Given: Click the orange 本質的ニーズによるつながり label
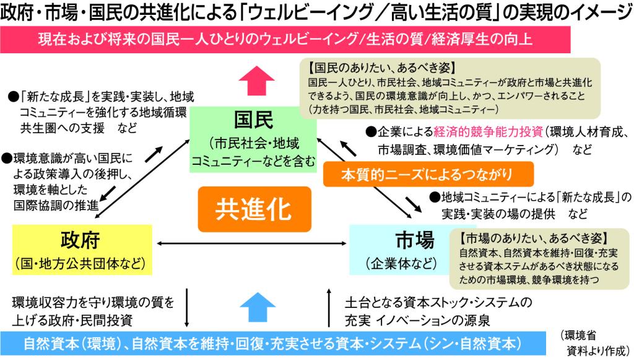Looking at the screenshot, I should (428, 174).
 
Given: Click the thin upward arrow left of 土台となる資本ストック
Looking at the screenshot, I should (329, 307).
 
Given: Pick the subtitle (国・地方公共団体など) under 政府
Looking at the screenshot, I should (81, 261).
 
